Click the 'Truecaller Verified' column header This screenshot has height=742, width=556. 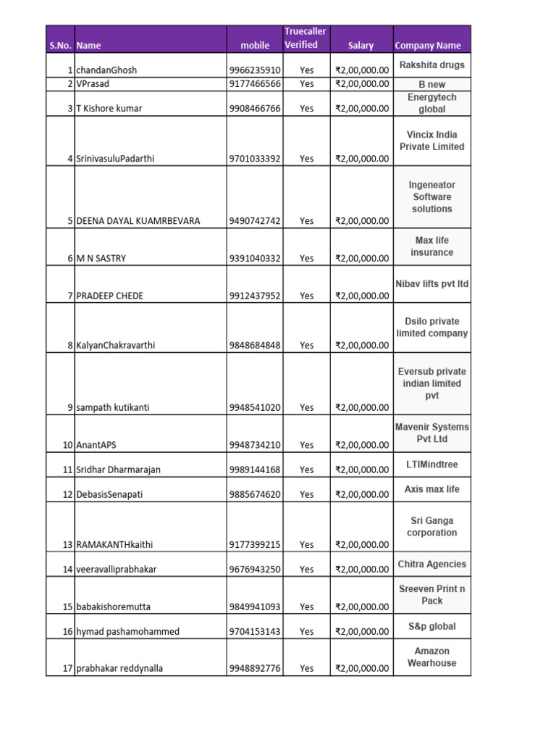[x=305, y=38]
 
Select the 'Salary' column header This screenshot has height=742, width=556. [x=361, y=46]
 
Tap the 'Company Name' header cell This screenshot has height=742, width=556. [x=428, y=46]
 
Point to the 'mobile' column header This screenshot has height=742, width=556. [x=255, y=46]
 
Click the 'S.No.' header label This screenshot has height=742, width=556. [x=59, y=46]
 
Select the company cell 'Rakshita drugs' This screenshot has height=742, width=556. [x=431, y=65]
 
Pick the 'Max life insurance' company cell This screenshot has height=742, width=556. [x=431, y=246]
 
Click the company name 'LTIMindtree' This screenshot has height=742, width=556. [x=431, y=464]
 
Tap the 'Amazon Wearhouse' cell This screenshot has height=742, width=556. [x=431, y=657]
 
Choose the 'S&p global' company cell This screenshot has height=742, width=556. [x=431, y=626]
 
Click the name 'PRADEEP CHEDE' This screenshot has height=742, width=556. [x=109, y=296]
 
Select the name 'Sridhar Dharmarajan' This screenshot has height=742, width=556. [x=118, y=470]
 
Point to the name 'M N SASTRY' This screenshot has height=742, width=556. [x=101, y=258]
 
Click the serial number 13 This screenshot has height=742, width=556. [x=67, y=544]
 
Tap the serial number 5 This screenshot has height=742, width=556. [x=70, y=221]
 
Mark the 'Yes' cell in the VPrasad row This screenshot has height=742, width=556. [x=307, y=83]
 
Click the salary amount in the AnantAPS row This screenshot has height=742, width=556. [x=362, y=445]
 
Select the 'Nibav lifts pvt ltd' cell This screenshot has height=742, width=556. [x=431, y=283]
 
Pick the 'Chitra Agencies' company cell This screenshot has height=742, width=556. [x=431, y=564]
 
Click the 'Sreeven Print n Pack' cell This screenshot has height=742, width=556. [x=431, y=595]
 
